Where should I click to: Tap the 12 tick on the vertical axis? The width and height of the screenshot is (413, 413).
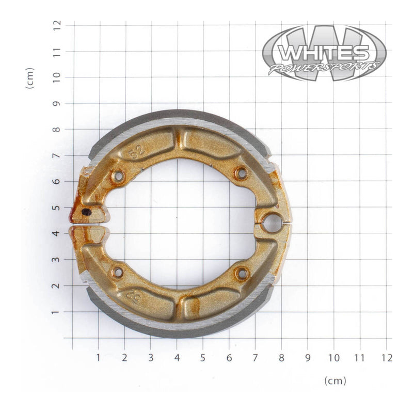coord(57,24)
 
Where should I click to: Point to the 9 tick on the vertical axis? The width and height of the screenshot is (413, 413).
coord(57,103)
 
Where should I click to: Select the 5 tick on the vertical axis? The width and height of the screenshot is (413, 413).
coord(57,208)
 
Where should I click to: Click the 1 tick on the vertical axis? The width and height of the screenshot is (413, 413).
coord(57,312)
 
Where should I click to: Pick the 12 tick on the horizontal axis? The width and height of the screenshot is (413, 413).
coord(387,357)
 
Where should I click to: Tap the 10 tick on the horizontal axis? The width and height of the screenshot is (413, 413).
coord(334,357)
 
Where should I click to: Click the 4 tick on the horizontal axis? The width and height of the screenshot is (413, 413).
coord(177,357)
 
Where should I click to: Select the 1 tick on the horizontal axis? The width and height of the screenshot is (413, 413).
coord(99,357)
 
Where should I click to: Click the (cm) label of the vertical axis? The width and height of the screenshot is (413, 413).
coord(30,78)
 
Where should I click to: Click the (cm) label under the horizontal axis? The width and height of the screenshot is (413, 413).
coord(335,381)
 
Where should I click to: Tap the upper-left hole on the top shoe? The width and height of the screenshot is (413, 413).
coord(118,177)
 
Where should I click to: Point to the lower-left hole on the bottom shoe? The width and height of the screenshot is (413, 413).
coord(118,271)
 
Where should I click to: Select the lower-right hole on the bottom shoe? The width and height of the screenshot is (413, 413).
coord(241,274)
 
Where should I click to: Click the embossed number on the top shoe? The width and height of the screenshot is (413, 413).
coord(136,153)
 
